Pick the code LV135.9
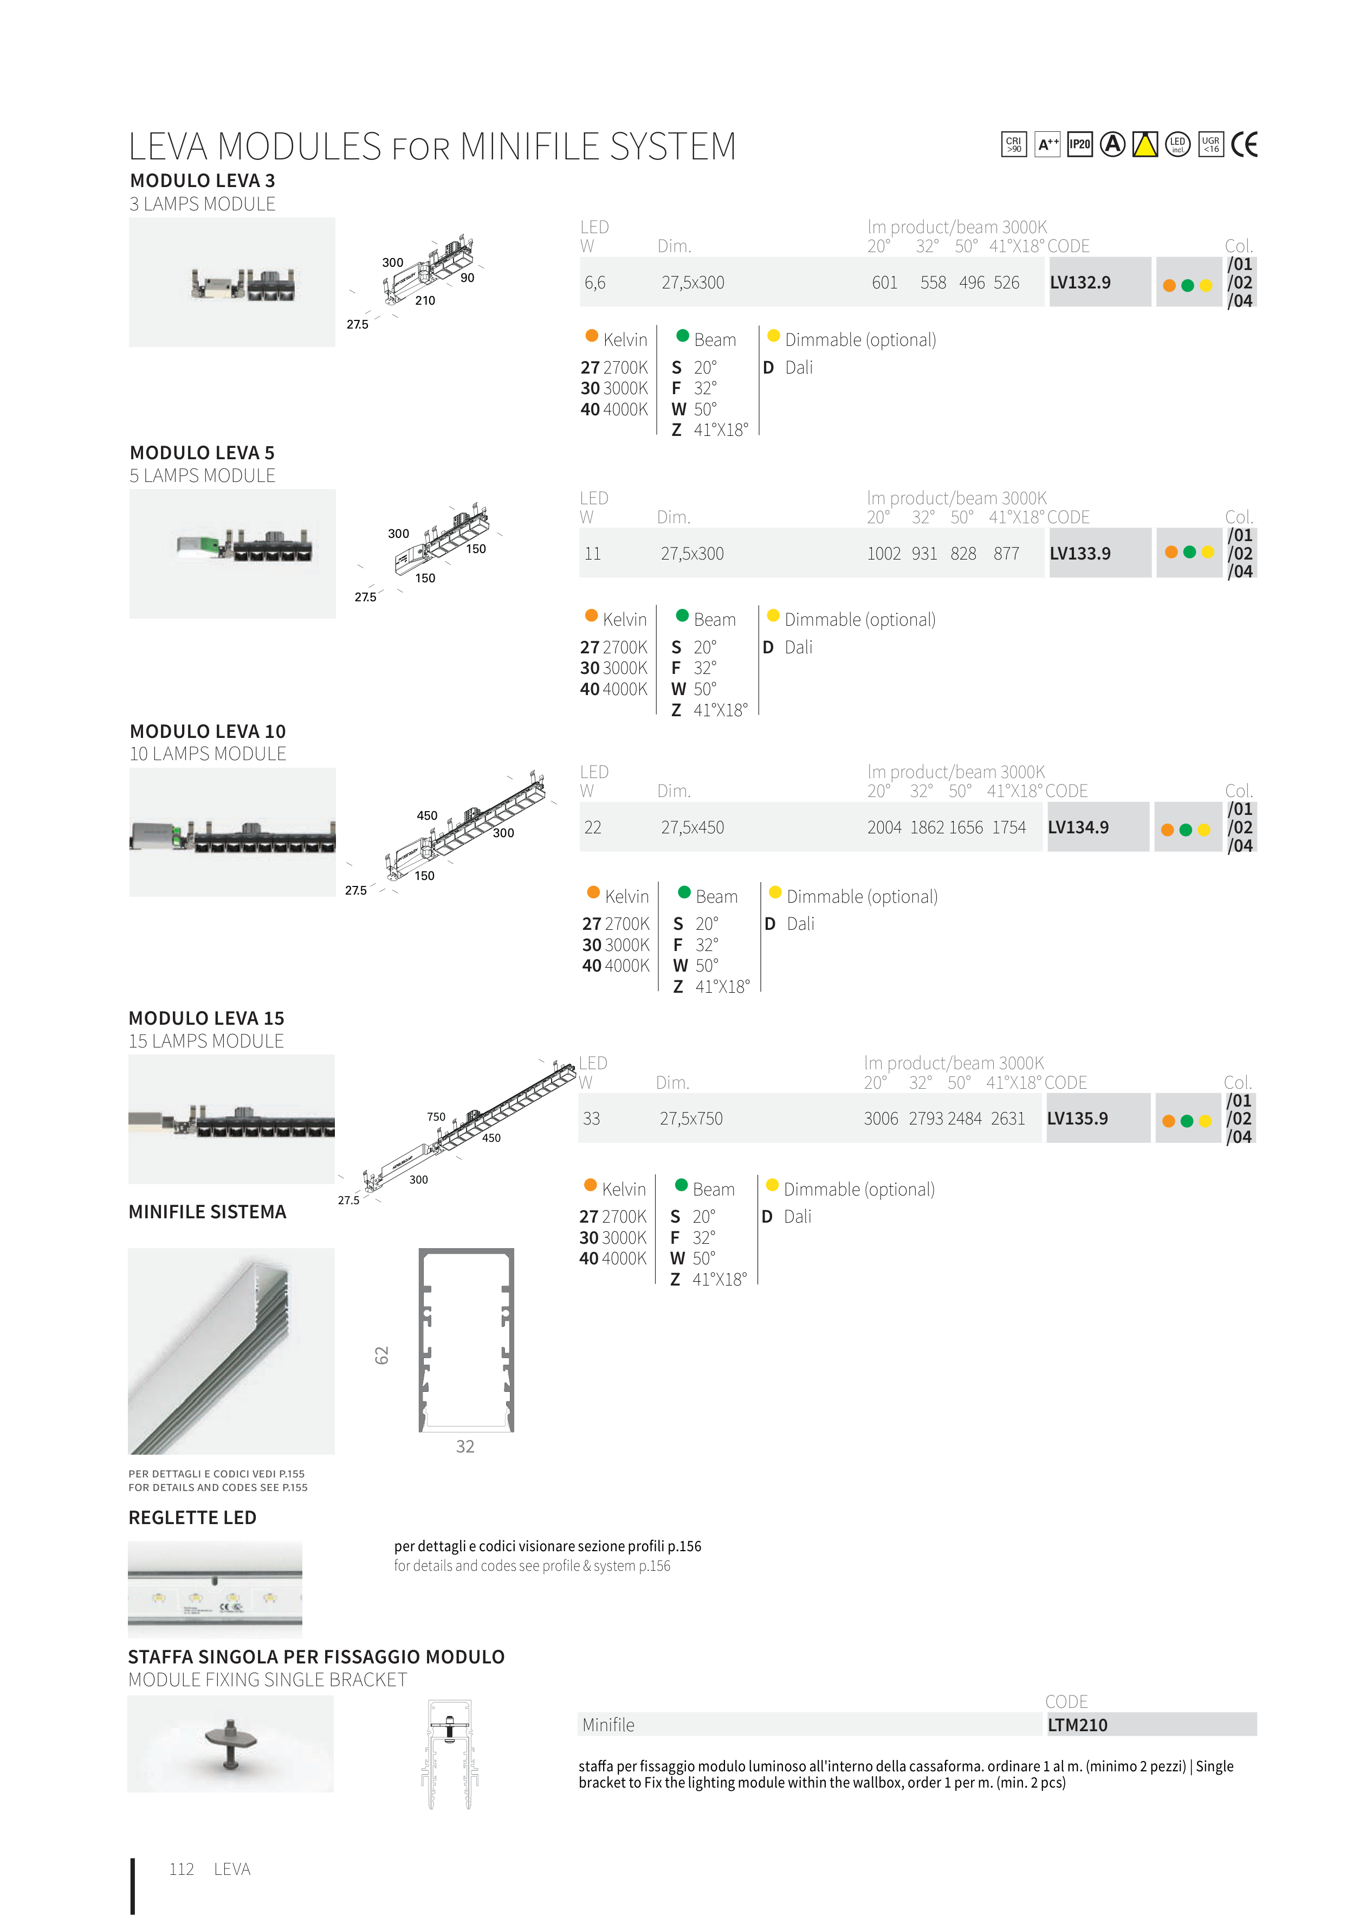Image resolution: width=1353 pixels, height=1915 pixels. click(x=1077, y=1119)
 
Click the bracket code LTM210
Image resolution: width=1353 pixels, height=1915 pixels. click(x=1077, y=1725)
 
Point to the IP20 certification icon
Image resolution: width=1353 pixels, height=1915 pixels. click(x=1079, y=144)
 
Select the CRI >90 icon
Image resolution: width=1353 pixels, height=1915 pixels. click(x=1014, y=144)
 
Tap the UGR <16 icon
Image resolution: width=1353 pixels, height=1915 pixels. click(x=1210, y=144)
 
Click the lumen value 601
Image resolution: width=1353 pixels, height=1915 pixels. click(x=884, y=282)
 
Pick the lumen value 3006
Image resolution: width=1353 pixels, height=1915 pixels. click(x=881, y=1119)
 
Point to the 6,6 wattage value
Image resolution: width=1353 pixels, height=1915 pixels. click(x=595, y=282)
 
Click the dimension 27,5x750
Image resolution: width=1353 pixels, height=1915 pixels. click(x=691, y=1119)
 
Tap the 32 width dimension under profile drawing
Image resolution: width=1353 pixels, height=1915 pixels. click(x=465, y=1446)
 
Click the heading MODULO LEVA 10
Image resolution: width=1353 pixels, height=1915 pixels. click(x=208, y=731)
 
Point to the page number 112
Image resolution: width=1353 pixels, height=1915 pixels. click(x=182, y=1869)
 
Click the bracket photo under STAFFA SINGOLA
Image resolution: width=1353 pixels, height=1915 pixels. click(x=231, y=1744)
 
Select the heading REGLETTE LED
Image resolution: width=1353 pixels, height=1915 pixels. click(x=192, y=1518)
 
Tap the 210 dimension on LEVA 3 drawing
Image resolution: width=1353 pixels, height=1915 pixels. click(x=425, y=300)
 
